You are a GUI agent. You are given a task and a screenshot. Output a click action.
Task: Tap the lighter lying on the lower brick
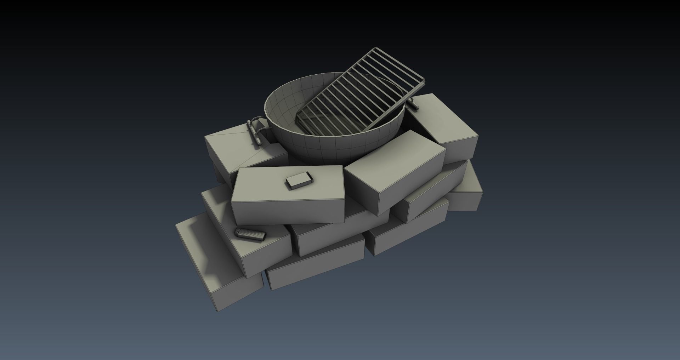(x=250, y=235)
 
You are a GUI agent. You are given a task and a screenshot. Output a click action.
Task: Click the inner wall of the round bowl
(x=283, y=106)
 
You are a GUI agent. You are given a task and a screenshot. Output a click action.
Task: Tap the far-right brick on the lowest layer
(x=467, y=191)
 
